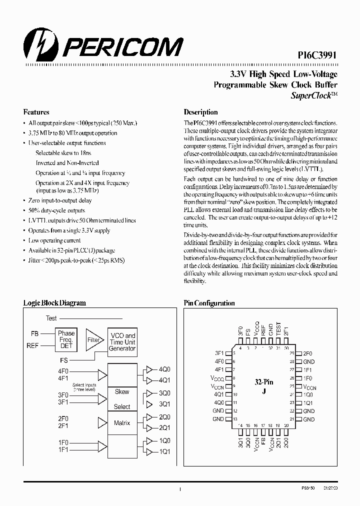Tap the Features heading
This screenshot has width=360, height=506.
[36, 112]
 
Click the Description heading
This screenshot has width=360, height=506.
[200, 112]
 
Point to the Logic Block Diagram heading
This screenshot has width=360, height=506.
[54, 303]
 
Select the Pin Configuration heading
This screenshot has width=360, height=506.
[209, 303]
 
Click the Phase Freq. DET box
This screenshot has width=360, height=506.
[66, 339]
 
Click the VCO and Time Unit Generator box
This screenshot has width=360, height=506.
[122, 341]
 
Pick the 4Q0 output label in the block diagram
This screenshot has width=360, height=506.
[164, 369]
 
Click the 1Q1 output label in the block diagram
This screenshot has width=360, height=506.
[164, 451]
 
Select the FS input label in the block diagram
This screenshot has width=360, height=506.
[63, 359]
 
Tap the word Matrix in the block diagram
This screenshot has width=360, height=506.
[122, 422]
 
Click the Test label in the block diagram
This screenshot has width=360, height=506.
[51, 318]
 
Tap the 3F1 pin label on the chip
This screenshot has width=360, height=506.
[219, 353]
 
